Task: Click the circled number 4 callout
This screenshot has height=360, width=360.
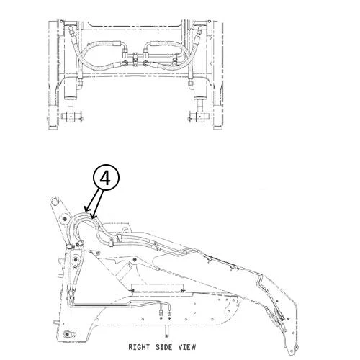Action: coord(106,178)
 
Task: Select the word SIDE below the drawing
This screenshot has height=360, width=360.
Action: coord(164,347)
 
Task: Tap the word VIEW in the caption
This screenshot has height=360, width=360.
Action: coord(187,347)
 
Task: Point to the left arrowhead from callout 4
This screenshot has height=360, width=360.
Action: coord(86,209)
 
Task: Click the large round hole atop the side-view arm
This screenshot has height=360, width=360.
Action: coord(55,201)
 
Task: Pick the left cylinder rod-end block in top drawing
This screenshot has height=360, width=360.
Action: coord(71,117)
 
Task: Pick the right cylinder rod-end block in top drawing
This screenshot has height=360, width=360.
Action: coord(199,117)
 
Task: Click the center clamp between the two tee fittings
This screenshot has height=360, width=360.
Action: coord(136,58)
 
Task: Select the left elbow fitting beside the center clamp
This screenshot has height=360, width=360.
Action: coord(125,53)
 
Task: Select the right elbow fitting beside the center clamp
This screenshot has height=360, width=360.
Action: coord(145,53)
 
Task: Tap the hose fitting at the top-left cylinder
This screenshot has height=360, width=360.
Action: coord(71,31)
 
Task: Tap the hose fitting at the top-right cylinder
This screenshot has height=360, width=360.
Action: coord(199,31)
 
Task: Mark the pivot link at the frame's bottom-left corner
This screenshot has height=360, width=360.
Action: coord(70,334)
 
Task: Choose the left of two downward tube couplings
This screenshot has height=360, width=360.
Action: coord(161,312)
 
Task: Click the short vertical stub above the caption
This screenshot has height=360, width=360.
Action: coord(166,333)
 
